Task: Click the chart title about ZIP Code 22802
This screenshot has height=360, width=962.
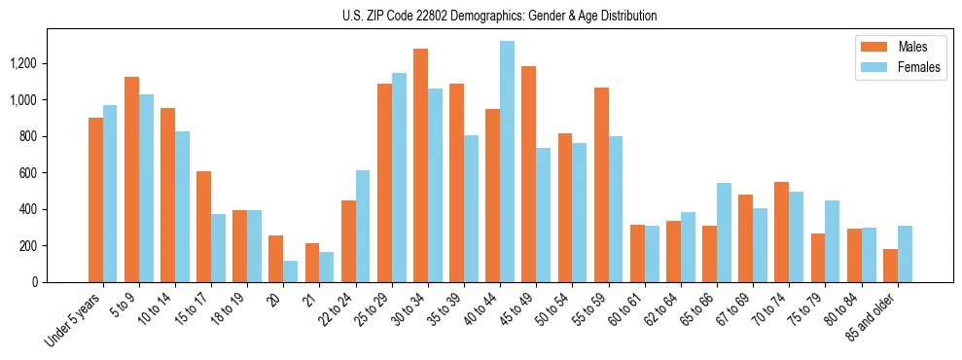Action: [500, 16]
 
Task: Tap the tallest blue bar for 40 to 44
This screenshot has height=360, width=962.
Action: [507, 162]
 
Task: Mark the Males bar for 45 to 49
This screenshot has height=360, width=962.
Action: [529, 174]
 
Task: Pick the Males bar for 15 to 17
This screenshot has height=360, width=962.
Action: [203, 227]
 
